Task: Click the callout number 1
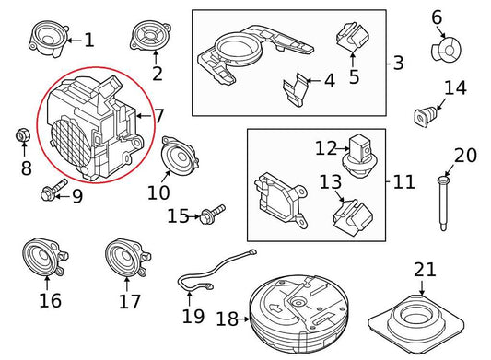(88, 40)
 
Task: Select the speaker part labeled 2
(147, 39)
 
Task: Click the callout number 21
(425, 270)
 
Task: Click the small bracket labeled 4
(294, 90)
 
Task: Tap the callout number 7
(158, 116)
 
